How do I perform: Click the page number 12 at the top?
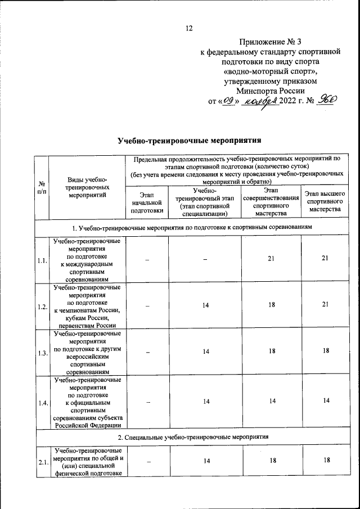(189, 29)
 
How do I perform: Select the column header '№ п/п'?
(42, 188)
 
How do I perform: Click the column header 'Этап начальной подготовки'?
(146, 202)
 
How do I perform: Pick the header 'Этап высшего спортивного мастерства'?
(325, 202)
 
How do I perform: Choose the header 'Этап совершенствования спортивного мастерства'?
(271, 202)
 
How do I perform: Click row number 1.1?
(42, 260)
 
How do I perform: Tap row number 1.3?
(42, 353)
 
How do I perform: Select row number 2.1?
(42, 462)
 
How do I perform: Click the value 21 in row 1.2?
(325, 307)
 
